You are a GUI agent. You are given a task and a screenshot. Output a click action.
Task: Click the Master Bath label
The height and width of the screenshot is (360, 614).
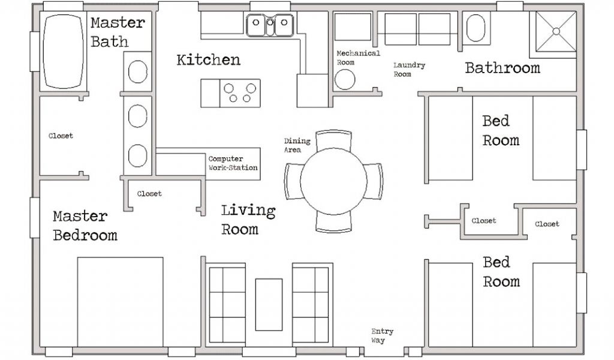pos(118,32)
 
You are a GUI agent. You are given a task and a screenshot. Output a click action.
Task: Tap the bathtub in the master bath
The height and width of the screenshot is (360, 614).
pos(62,52)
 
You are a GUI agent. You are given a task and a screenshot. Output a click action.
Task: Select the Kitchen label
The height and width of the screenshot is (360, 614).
pos(208,60)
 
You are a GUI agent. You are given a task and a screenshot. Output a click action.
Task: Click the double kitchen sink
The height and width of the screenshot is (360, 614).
pos(270,25)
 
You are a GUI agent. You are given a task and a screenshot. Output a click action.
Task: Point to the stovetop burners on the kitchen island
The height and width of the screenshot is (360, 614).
pos(240,93)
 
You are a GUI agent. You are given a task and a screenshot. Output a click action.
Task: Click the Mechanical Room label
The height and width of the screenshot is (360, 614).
pos(358,58)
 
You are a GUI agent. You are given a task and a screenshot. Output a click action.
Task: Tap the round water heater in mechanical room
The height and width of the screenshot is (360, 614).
pos(345,80)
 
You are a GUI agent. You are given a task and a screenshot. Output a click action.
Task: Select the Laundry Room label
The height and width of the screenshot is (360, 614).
pos(409,70)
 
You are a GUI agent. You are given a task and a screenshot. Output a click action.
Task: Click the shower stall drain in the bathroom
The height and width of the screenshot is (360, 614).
pos(556,31)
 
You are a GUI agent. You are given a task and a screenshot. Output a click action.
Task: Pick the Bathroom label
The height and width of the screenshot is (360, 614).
pos(502,68)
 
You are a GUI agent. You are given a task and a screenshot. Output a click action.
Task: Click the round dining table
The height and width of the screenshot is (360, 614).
pos(333,181)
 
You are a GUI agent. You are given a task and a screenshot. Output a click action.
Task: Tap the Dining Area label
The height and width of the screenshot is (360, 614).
pos(297,145)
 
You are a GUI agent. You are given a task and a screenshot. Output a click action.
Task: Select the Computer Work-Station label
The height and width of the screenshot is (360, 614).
pos(233,163)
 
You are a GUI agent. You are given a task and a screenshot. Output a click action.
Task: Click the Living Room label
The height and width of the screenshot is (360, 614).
pos(248,220)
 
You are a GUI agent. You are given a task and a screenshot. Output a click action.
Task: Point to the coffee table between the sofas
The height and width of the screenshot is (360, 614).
pos(269,304)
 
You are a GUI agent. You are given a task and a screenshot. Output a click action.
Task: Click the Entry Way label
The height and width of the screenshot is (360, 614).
pos(382,336)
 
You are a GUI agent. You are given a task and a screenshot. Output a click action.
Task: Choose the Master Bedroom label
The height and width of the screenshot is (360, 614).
pos(85,226)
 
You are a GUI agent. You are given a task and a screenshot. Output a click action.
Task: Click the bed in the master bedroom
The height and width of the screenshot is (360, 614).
pos(120,302)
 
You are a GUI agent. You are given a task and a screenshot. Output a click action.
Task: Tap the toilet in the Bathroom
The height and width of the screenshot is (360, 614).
pos(475,28)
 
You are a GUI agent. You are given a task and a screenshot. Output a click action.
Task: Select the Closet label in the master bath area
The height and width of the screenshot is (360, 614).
pos(61,136)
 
